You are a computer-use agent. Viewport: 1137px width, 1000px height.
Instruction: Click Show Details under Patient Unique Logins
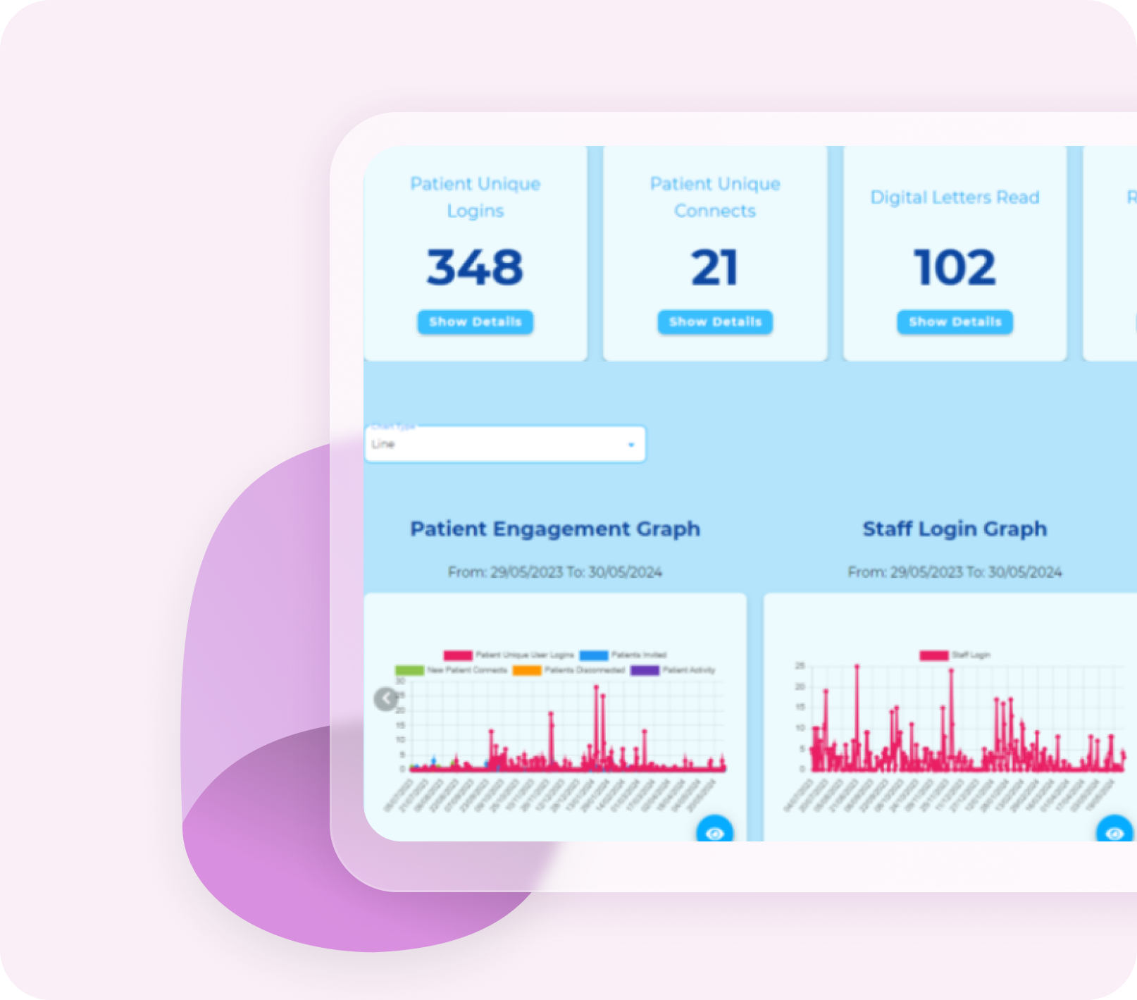coord(475,322)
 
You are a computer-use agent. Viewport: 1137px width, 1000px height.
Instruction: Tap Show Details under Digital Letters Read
coord(955,322)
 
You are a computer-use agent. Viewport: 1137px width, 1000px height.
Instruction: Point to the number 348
coord(475,268)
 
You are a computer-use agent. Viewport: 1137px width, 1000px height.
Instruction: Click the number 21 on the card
coord(714,268)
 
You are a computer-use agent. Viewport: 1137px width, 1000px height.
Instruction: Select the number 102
coord(955,268)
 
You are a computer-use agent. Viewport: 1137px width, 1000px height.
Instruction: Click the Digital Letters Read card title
coord(955,197)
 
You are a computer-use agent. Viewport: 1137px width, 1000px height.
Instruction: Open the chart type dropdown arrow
coord(631,445)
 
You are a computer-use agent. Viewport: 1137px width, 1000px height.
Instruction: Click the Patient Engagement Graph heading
coord(555,529)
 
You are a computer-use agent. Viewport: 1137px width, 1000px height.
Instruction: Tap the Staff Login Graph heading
coord(955,529)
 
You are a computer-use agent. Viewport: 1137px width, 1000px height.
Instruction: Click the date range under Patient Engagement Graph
coord(555,572)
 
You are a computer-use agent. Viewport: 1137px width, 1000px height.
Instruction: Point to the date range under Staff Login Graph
coord(955,572)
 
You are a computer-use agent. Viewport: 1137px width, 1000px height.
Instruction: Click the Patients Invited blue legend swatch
coord(594,655)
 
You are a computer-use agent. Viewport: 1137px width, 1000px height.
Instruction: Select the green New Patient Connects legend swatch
coord(409,670)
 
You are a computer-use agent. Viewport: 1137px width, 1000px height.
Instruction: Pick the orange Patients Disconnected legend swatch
coord(527,670)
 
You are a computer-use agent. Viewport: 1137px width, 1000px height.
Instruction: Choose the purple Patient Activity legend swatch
coord(645,670)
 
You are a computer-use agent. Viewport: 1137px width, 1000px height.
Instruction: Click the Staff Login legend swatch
coord(933,655)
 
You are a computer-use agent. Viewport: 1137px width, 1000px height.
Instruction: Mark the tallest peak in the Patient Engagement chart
coord(597,686)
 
